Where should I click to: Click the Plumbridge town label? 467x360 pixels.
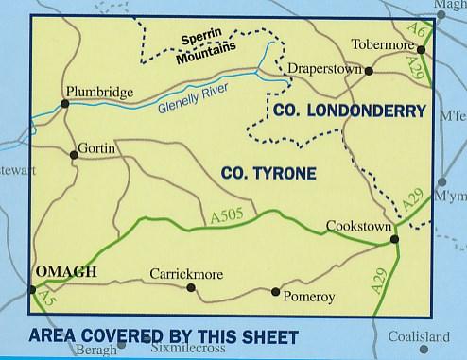pos(96,93)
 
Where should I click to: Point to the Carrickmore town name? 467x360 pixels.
pos(186,274)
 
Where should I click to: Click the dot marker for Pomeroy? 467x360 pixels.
pos(275,291)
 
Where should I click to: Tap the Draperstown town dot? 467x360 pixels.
pos(369,71)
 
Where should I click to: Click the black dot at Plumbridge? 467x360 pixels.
pos(65,103)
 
